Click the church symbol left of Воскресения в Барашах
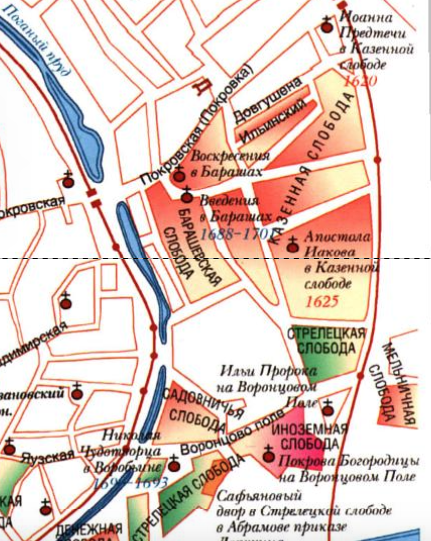(x=178, y=176)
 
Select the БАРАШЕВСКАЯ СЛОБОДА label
(x=193, y=247)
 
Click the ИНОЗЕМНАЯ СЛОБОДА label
(x=309, y=437)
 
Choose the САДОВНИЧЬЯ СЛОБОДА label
(x=201, y=411)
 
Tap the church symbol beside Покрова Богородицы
(x=269, y=455)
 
